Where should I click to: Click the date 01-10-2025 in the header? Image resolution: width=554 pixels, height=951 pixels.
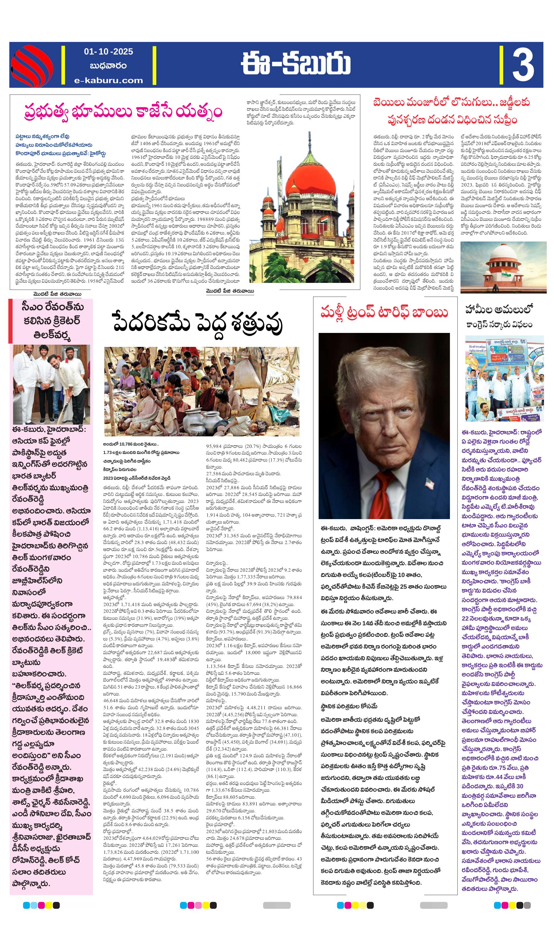click(108, 52)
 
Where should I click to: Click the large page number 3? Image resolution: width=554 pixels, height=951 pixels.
click(523, 65)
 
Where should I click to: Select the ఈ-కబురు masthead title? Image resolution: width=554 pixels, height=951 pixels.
click(296, 63)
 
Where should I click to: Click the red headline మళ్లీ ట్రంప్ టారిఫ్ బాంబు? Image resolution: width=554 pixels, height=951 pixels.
click(384, 313)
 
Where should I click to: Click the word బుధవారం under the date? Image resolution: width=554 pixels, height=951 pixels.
click(108, 66)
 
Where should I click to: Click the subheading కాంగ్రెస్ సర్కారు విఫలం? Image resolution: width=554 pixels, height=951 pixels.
click(499, 325)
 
